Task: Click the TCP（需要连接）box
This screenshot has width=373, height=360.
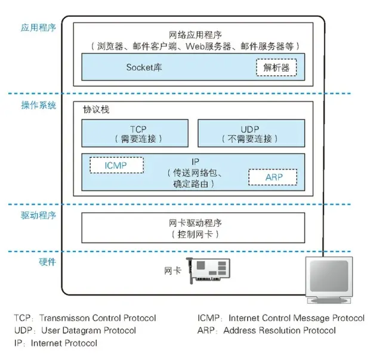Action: pyautogui.click(x=135, y=133)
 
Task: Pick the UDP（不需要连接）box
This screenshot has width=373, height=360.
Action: pyautogui.click(x=251, y=133)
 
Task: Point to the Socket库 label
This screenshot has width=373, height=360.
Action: pyautogui.click(x=144, y=67)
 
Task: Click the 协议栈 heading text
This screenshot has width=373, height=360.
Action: pyautogui.click(x=96, y=110)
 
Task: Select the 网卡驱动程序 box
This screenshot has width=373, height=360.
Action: pyautogui.click(x=193, y=227)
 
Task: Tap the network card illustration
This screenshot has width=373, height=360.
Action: pyautogui.click(x=208, y=270)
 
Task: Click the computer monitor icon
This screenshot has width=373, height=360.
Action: pyautogui.click(x=329, y=280)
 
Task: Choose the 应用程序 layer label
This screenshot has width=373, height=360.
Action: pyautogui.click(x=38, y=27)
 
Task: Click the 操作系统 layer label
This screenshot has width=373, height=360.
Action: pyautogui.click(x=39, y=105)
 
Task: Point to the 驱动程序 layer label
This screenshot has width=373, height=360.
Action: pyautogui.click(x=39, y=216)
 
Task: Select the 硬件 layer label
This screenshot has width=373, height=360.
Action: pyautogui.click(x=47, y=261)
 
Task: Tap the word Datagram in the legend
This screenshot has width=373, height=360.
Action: pyautogui.click(x=79, y=331)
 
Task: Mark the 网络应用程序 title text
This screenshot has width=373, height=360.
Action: pyautogui.click(x=195, y=35)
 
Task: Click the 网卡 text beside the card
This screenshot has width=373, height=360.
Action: pyautogui.click(x=172, y=270)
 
